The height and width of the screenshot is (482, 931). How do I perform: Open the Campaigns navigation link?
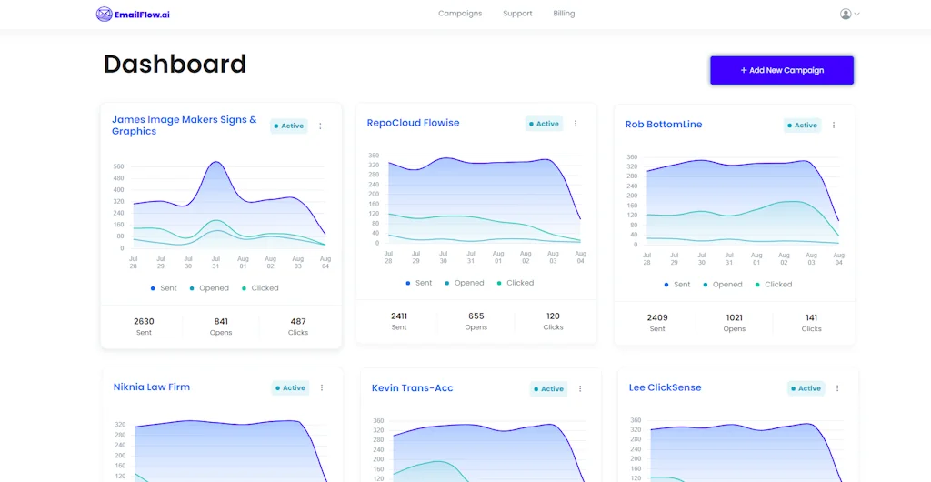tap(460, 14)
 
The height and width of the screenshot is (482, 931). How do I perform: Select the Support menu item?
tap(517, 14)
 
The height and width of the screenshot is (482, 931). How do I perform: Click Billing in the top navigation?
tap(564, 14)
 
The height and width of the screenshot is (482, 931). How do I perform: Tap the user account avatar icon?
tap(846, 14)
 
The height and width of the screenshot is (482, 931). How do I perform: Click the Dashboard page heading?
tap(175, 64)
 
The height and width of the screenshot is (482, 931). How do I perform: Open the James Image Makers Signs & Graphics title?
tap(184, 126)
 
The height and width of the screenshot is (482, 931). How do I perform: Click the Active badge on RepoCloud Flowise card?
tap(544, 124)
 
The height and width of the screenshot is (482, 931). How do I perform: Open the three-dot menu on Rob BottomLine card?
tap(834, 126)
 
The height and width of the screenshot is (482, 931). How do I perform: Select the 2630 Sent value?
tap(144, 321)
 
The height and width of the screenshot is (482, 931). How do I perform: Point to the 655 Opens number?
tap(476, 316)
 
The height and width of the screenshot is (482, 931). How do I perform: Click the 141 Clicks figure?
tap(811, 318)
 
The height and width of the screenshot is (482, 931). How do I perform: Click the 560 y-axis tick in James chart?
tap(118, 166)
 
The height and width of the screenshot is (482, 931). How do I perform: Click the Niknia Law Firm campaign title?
tap(152, 387)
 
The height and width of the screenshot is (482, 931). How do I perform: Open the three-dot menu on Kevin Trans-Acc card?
tap(580, 389)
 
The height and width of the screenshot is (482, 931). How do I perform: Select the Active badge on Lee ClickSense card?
tap(806, 388)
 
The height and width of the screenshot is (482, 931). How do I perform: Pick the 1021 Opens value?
tap(735, 318)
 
